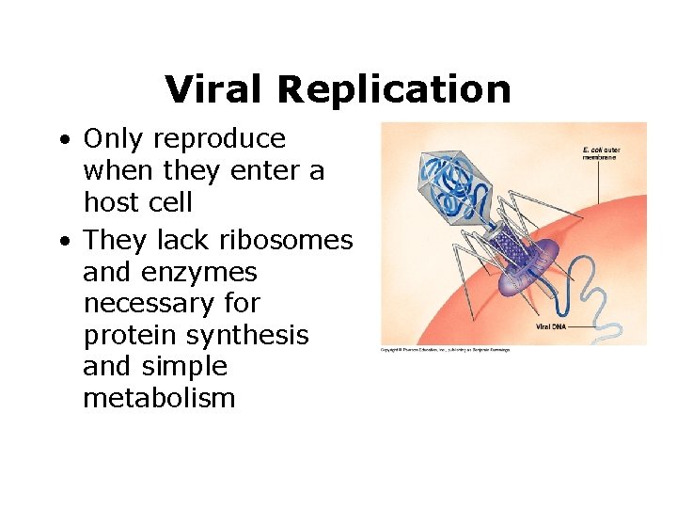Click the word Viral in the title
point(215,89)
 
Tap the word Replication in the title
point(394,90)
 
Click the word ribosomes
point(286,241)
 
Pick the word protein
point(127,336)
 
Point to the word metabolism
point(159,399)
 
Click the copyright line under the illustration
point(445,349)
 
